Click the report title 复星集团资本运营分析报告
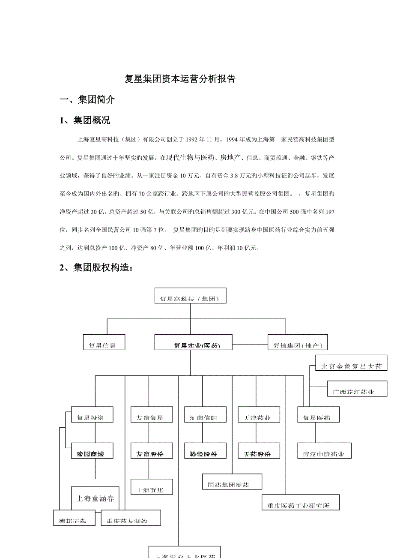pos(179,79)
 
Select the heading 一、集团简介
pos(87,100)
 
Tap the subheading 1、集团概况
pos(85,120)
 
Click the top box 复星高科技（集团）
pos(190,296)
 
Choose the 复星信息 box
pos(104,342)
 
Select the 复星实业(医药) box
pos(194,342)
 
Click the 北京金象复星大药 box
pos(351,363)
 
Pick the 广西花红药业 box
pos(353,388)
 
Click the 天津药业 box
pos(256,414)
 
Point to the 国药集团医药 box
pos(232,481)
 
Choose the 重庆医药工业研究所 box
pos(301,502)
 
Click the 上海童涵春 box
pos(95,498)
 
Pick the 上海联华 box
pos(149,486)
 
